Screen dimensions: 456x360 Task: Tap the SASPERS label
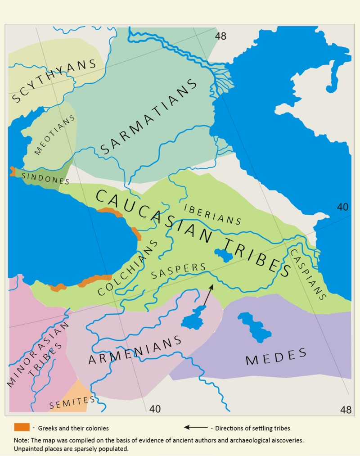pos(179,270)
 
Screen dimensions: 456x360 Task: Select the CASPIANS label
pos(308,275)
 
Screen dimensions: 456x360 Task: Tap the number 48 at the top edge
pos(220,36)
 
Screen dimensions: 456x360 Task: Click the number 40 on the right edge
pos(343,207)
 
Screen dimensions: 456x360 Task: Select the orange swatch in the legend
pos(22,427)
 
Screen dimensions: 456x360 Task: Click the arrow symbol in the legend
pos(195,427)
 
